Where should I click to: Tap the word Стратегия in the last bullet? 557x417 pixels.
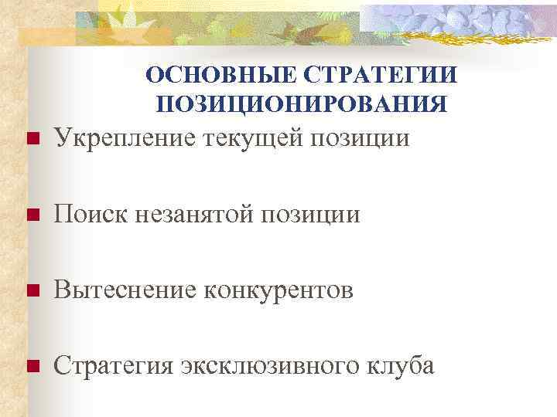[x=113, y=365]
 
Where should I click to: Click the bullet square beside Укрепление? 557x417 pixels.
[x=32, y=140]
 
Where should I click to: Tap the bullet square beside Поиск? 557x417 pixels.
[x=32, y=215]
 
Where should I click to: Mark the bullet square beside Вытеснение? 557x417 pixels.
[x=32, y=291]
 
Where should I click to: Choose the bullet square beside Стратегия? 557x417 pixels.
[x=32, y=367]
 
